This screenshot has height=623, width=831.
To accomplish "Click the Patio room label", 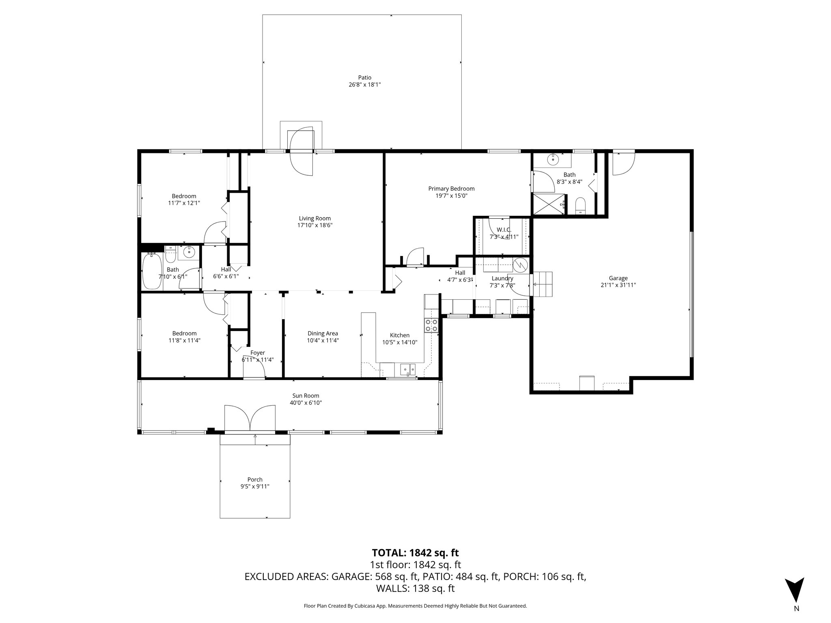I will coord(364,77).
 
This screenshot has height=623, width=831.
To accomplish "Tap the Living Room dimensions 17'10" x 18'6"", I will coord(315,225).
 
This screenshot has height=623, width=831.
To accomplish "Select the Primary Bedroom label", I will coord(451,189).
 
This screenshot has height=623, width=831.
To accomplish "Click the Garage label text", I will coord(618,278).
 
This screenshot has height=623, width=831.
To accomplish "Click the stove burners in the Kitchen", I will coord(431,325).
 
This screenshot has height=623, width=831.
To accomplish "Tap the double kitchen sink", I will coord(408,369).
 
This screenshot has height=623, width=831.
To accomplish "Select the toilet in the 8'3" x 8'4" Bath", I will coord(580,205).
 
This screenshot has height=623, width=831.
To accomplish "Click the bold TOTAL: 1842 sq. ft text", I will coord(415,552).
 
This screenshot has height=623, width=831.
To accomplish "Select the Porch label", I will coord(255,479).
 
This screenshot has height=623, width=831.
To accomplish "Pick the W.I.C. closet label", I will coord(504,230).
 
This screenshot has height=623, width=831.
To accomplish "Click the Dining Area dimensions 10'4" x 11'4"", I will coord(323,341).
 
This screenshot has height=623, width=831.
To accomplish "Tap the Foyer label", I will coord(257,353).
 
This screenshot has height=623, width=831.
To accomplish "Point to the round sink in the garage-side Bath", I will coord(553,160).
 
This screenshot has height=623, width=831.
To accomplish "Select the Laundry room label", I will coord(502,278).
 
